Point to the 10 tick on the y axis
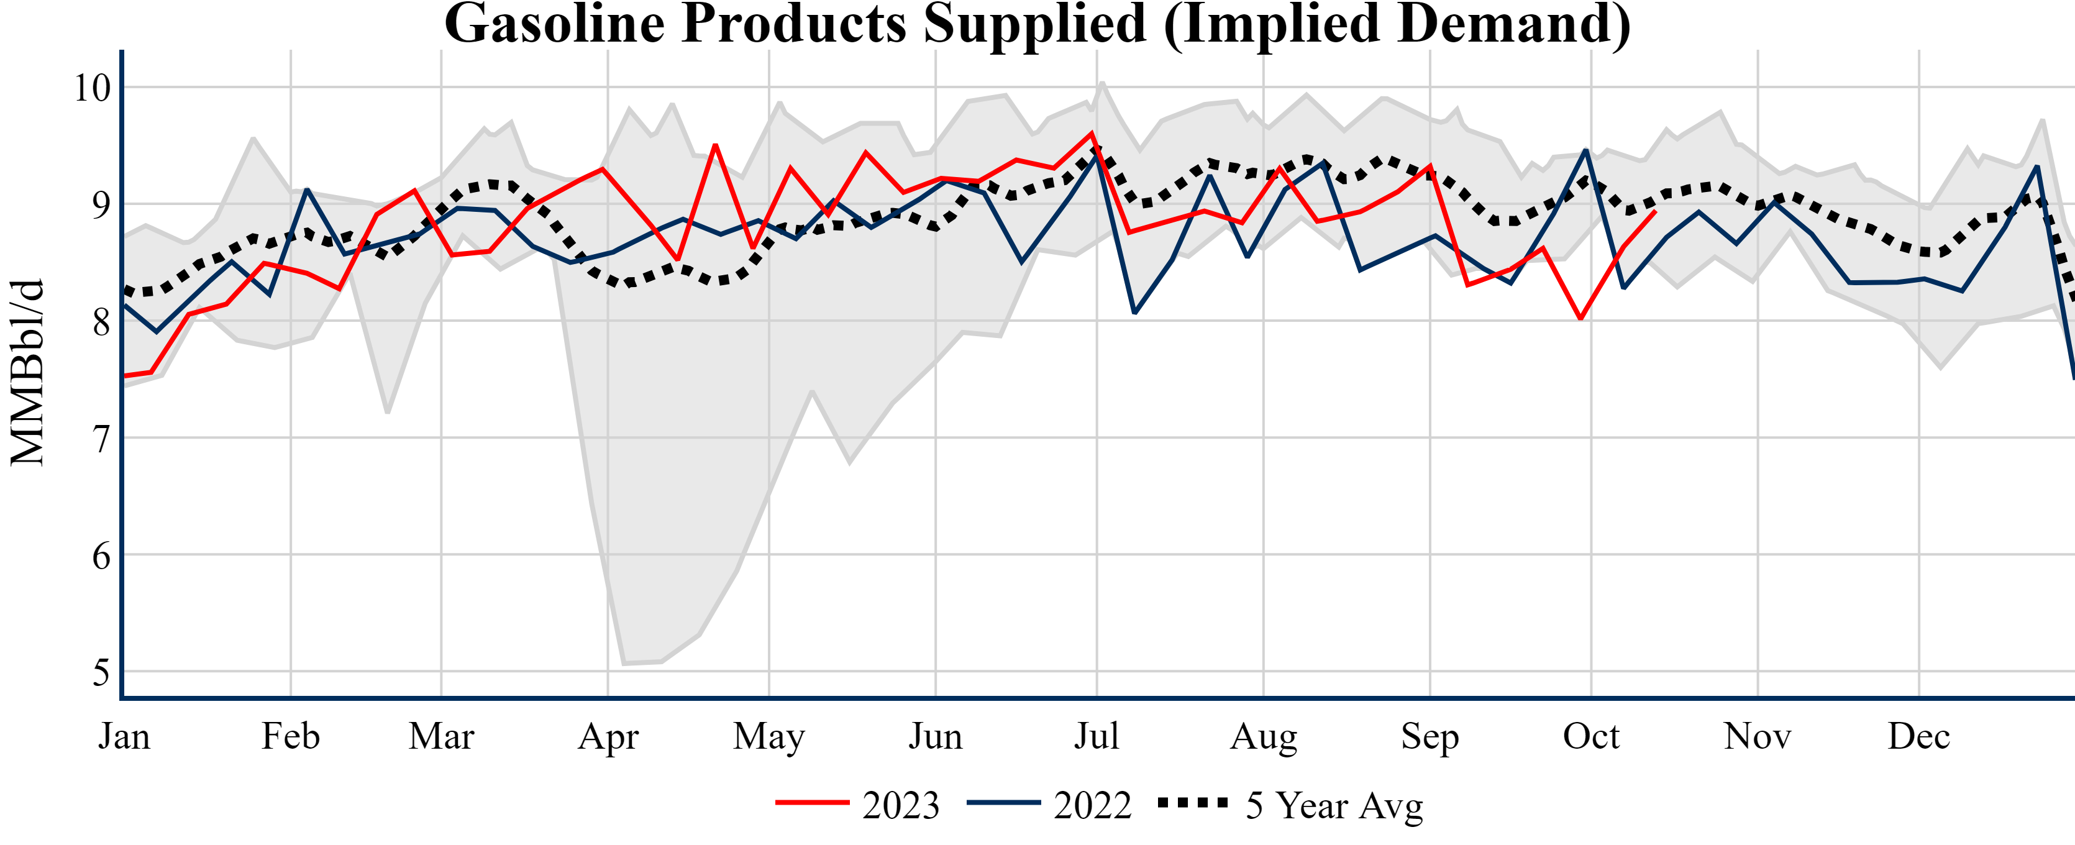tap(92, 88)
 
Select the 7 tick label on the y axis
tap(101, 439)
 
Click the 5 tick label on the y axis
tap(101, 673)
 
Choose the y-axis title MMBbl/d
tap(27, 372)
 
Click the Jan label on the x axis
tap(124, 736)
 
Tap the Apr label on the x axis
tap(608, 736)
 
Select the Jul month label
tap(1097, 736)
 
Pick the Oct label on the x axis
tap(1591, 736)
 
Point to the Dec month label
tap(1918, 736)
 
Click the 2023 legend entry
tap(857, 805)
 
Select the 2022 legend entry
tap(1049, 805)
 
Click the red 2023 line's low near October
tap(1581, 319)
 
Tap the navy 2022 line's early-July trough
tap(1135, 313)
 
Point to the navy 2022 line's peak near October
tap(1586, 150)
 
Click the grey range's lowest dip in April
tap(624, 664)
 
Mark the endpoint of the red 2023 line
tap(1654, 211)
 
